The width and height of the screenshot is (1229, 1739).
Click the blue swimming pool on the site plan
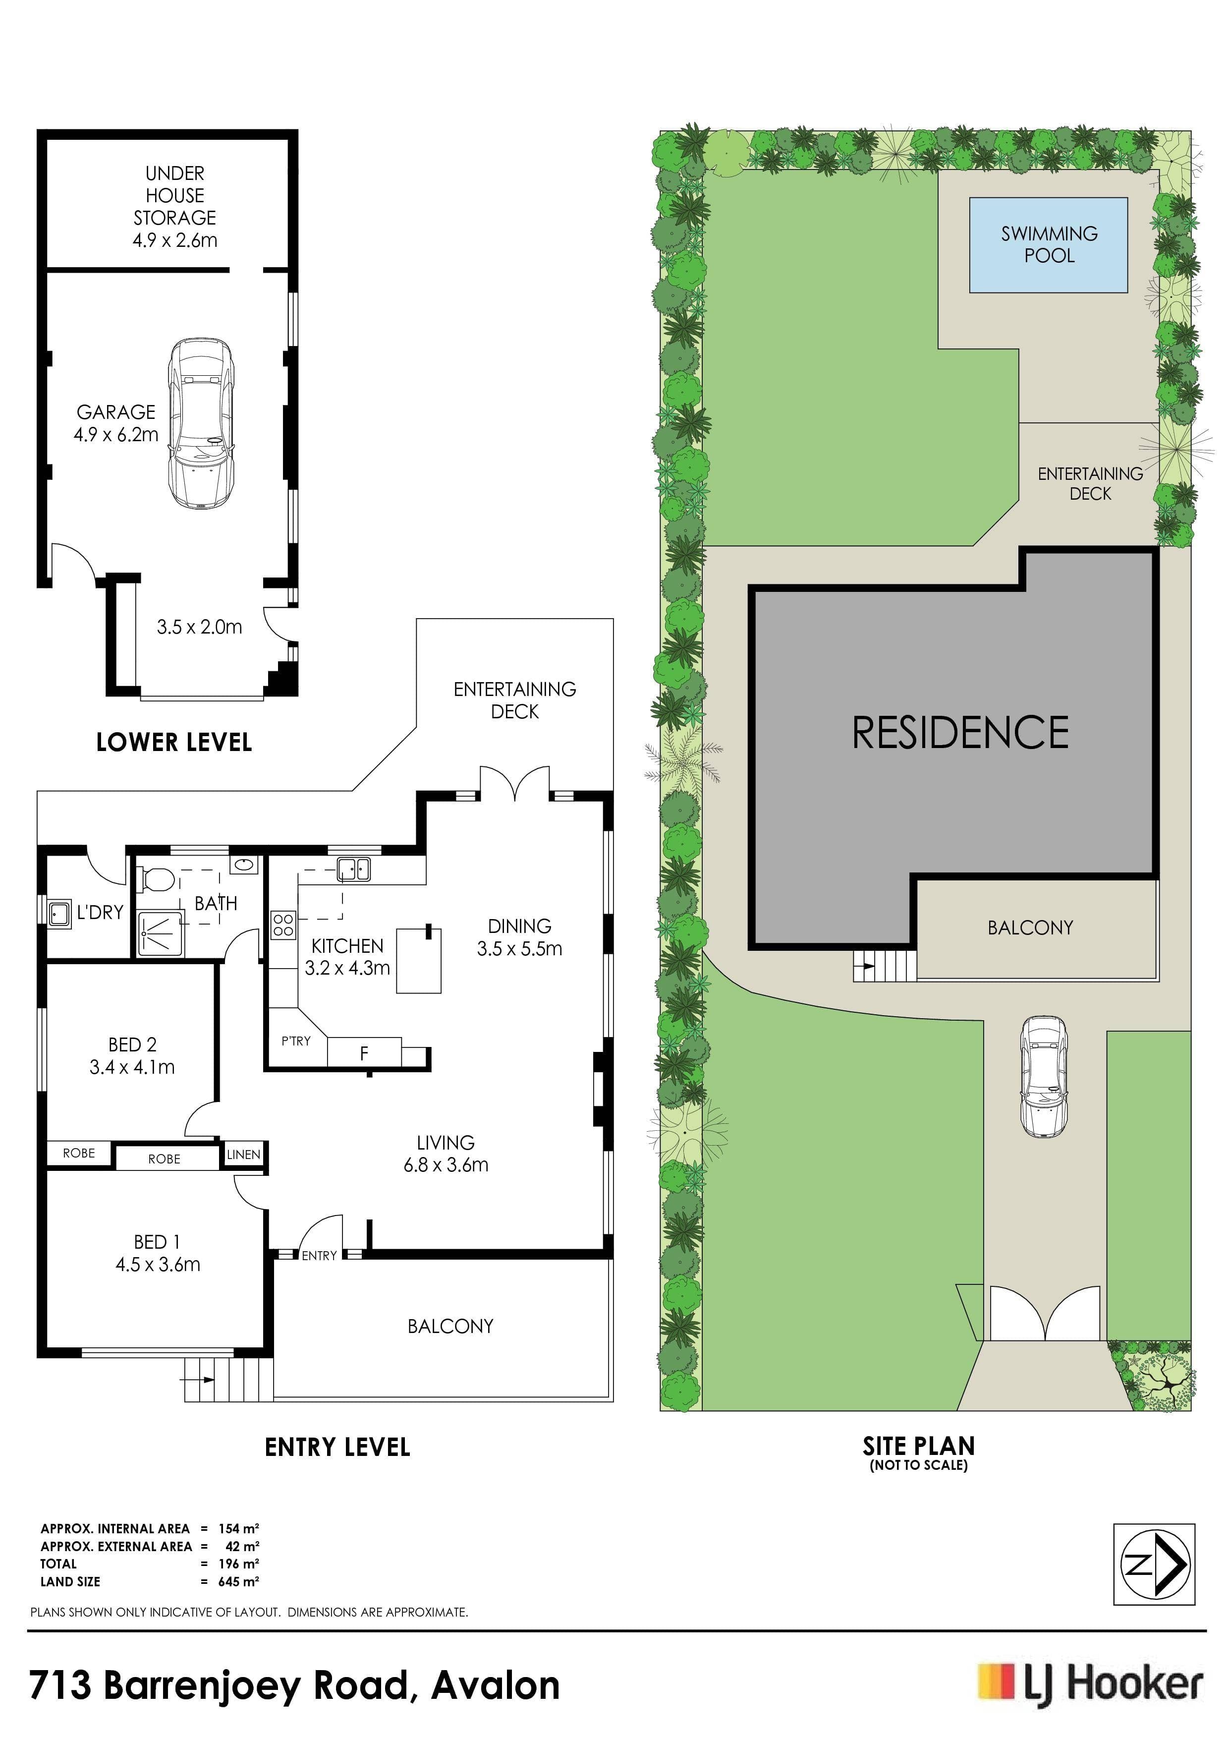tap(1049, 245)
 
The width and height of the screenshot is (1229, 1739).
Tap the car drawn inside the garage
tap(201, 423)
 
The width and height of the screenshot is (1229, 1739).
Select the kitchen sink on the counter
tap(353, 869)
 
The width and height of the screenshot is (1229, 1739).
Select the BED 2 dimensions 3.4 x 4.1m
tap(132, 1067)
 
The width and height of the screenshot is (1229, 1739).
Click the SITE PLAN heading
tap(919, 1446)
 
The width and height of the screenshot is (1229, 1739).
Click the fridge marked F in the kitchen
tap(364, 1052)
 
